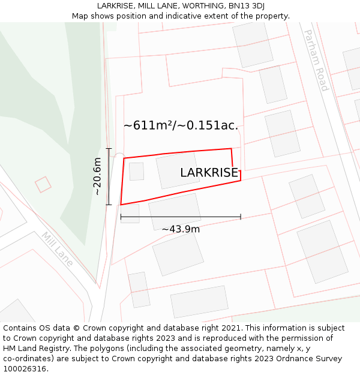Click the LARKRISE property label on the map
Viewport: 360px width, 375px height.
[x=209, y=173]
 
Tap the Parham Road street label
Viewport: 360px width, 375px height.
[x=316, y=61]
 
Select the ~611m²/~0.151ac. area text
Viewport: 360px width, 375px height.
[x=181, y=125]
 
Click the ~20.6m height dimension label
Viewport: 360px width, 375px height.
[x=98, y=176]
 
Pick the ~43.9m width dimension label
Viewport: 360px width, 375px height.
[x=181, y=229]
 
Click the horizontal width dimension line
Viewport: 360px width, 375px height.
[x=181, y=217]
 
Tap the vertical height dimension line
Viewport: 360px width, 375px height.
[x=109, y=176]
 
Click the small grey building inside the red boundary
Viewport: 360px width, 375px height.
[x=136, y=171]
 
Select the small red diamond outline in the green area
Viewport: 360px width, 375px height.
[x=43, y=184]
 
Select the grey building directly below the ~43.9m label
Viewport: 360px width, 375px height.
[x=178, y=253]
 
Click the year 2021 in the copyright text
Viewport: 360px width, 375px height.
[x=229, y=328]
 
